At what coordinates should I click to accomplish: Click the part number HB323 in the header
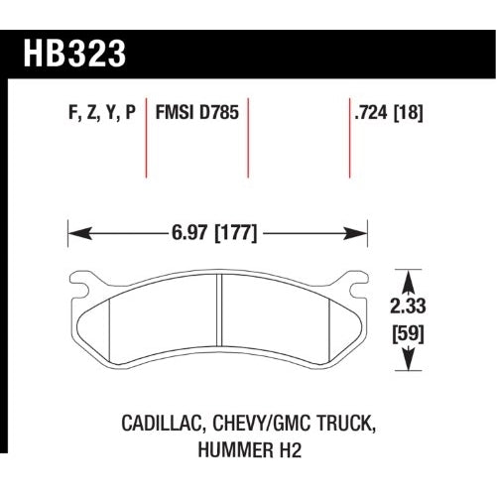[74, 54]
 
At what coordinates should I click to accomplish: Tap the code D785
[218, 112]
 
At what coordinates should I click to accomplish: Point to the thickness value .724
[370, 112]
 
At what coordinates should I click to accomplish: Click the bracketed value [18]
[408, 113]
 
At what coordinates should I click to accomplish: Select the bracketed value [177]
[236, 233]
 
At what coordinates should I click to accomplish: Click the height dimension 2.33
[408, 307]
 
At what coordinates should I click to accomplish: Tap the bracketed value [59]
[408, 334]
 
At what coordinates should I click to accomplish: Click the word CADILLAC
[163, 425]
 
